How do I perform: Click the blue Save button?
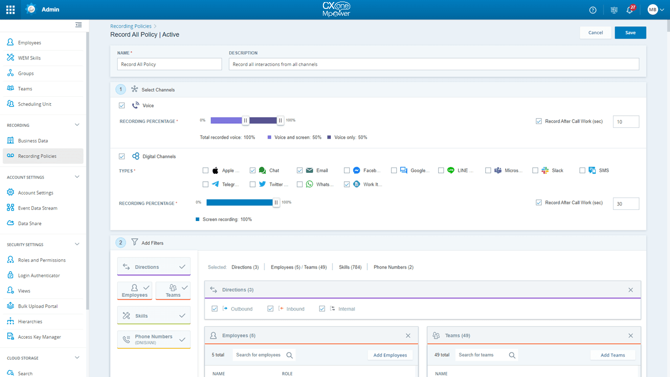coord(630,32)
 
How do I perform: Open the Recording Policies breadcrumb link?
coord(131,26)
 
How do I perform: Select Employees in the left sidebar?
coord(29,42)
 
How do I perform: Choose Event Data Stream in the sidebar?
coord(37,208)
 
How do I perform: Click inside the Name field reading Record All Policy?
coord(170,64)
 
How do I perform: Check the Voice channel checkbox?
coord(122,105)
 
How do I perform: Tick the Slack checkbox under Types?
coord(535,170)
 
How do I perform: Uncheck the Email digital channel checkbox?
coord(300,170)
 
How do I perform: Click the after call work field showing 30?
coord(626,204)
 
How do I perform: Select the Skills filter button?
coord(153,316)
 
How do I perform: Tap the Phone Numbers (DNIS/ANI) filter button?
coord(153,339)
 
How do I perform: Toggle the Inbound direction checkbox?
coord(271,309)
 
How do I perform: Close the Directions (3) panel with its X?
coord(630,290)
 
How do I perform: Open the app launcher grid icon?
coord(10,9)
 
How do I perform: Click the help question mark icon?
coord(593,9)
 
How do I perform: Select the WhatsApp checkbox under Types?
coord(300,184)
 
